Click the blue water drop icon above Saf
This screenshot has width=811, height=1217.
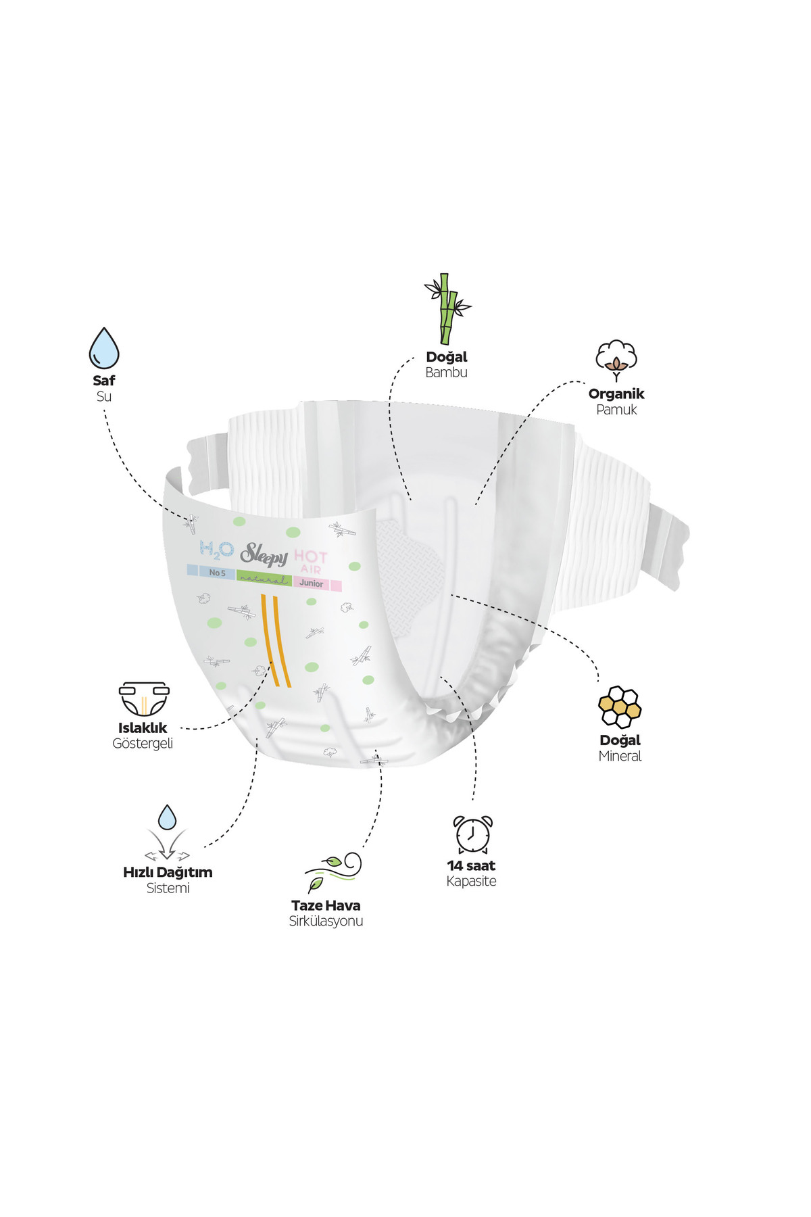pyautogui.click(x=104, y=349)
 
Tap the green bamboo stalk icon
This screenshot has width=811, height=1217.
pyautogui.click(x=447, y=308)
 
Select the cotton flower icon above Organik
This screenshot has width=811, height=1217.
pyautogui.click(x=616, y=360)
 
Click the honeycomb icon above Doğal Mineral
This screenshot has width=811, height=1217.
pyautogui.click(x=620, y=707)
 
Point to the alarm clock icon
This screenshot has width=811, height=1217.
pyautogui.click(x=472, y=834)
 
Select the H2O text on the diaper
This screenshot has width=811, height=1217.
pyautogui.click(x=216, y=550)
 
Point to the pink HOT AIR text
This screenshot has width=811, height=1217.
pyautogui.click(x=311, y=562)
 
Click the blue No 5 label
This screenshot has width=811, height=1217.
pyautogui.click(x=212, y=572)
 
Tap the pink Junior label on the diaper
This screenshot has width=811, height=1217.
pyautogui.click(x=317, y=583)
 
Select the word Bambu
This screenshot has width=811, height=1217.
pyautogui.click(x=446, y=373)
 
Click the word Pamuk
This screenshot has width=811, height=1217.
pyautogui.click(x=616, y=410)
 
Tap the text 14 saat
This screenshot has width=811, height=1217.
pyautogui.click(x=471, y=865)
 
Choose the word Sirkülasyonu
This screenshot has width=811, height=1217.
pyautogui.click(x=326, y=922)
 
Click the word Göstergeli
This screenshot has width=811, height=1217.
pyautogui.click(x=143, y=744)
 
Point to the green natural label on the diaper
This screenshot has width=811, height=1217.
pyautogui.click(x=264, y=579)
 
